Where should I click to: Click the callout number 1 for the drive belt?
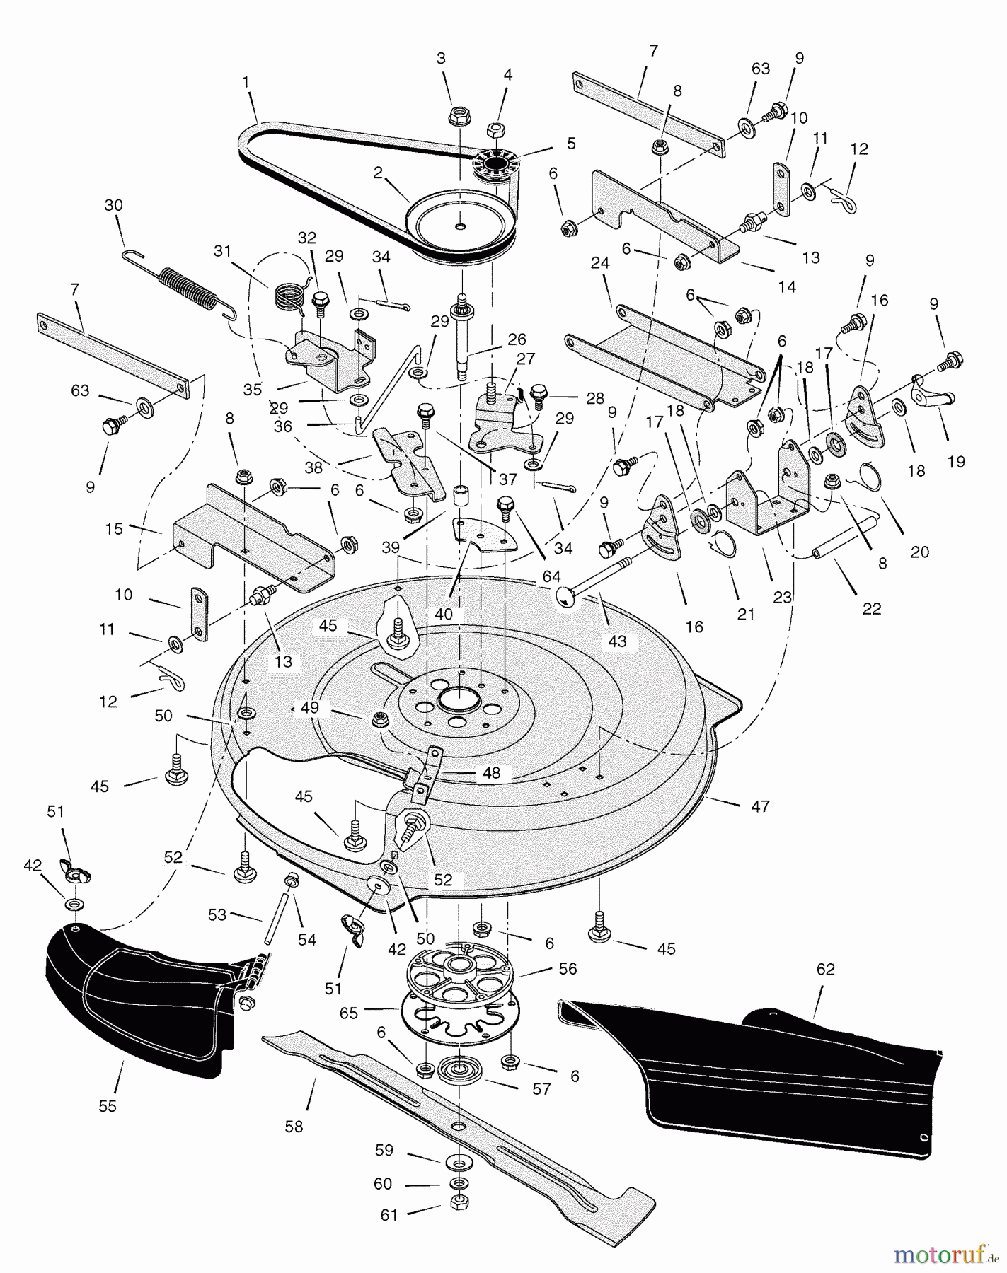point(246,82)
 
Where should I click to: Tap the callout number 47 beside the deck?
point(760,806)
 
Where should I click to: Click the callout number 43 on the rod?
point(617,641)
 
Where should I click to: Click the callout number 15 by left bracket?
point(114,528)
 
